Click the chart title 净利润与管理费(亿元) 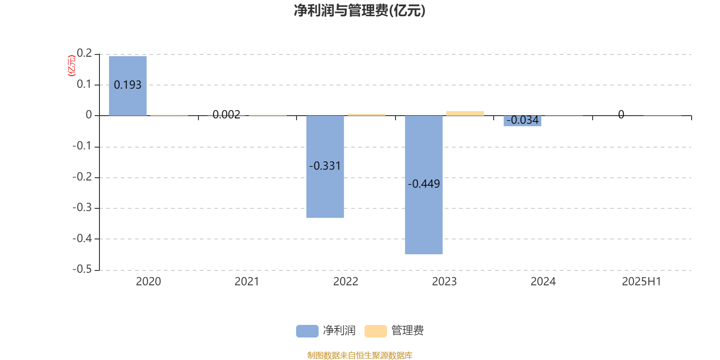click(360, 11)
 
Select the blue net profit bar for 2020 click(128, 86)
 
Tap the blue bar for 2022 click(325, 166)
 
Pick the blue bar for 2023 click(423, 185)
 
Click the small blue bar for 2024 click(522, 121)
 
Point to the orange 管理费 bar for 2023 click(465, 113)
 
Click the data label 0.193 click(128, 85)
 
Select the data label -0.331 click(325, 166)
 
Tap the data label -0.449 click(423, 184)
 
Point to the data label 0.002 click(226, 114)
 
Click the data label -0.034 click(522, 120)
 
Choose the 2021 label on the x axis click(247, 282)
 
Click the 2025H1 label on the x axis click(642, 282)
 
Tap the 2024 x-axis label click(543, 282)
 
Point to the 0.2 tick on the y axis click(84, 53)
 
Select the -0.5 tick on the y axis click(82, 269)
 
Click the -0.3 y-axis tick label click(82, 207)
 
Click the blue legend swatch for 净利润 click(307, 331)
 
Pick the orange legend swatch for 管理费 click(375, 331)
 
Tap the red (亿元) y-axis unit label click(72, 66)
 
